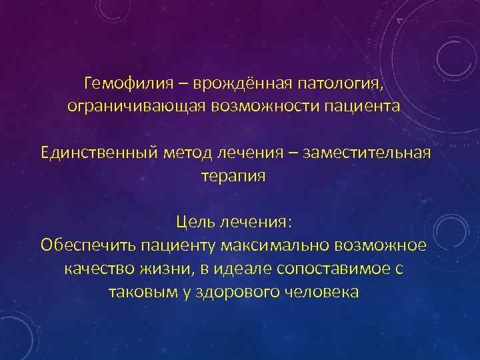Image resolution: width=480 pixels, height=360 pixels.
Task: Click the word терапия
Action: [x=233, y=176]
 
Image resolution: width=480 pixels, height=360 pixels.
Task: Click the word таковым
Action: [x=136, y=291]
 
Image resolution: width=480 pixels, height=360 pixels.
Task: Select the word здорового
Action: [x=230, y=291]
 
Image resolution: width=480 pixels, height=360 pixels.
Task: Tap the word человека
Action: [x=321, y=291]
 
